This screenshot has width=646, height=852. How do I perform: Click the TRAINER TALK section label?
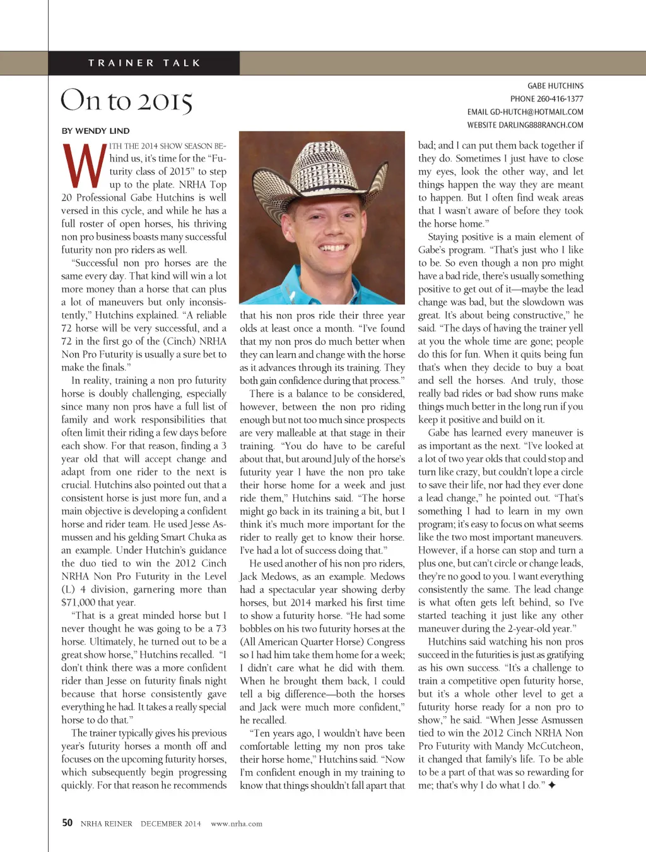tap(144, 63)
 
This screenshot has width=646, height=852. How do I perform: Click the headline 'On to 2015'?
tap(126, 101)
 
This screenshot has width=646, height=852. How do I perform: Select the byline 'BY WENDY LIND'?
tap(96, 131)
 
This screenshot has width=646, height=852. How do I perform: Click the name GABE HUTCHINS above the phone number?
tap(555, 86)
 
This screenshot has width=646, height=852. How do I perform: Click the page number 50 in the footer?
tap(67, 822)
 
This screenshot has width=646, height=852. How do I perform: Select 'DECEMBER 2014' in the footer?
tap(170, 824)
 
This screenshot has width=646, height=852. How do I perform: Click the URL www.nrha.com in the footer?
tap(237, 824)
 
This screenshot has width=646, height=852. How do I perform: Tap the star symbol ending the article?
tap(551, 785)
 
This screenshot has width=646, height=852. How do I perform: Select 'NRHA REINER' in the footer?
tap(106, 824)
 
